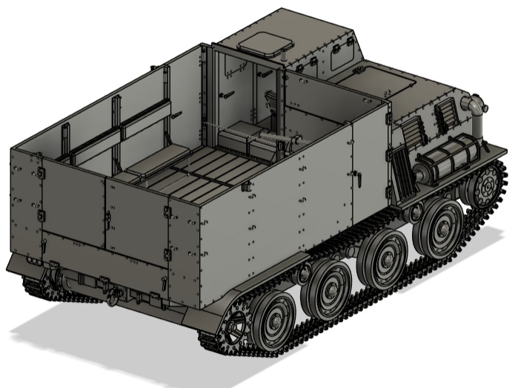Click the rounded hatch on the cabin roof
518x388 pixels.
(x=261, y=43)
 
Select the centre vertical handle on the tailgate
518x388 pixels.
(x=108, y=219)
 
